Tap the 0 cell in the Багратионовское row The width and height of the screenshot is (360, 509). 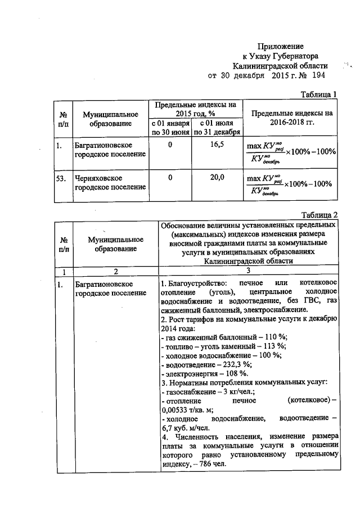pyautogui.click(x=169, y=145)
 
